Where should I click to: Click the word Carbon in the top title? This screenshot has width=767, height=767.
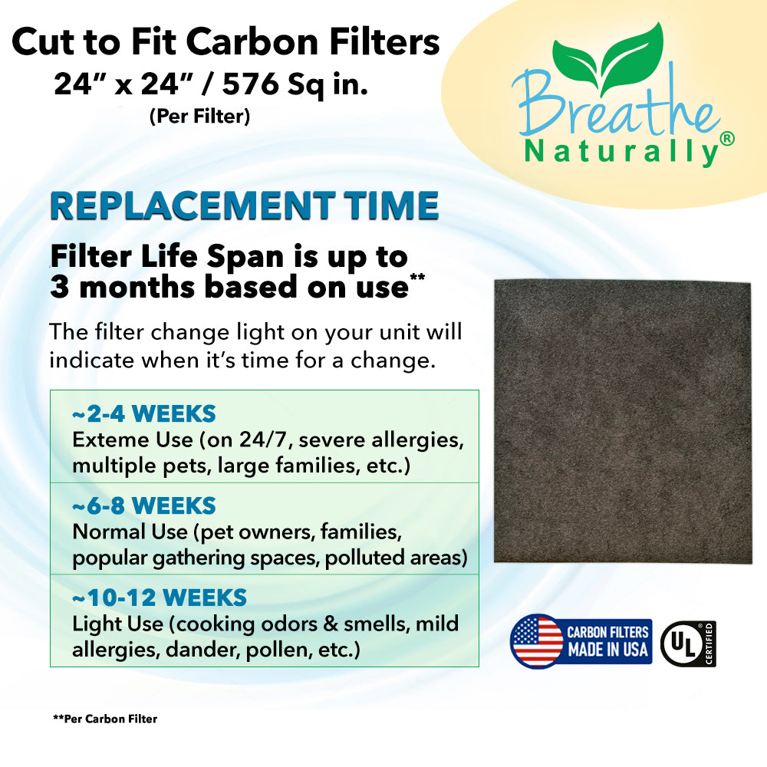coord(252,41)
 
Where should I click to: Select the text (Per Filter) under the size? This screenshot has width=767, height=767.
coord(199,117)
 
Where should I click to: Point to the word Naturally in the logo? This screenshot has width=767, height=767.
coord(621,152)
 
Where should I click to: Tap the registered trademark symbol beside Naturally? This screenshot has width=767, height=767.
coord(727,139)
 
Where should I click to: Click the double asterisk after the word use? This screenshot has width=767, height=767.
coord(417,278)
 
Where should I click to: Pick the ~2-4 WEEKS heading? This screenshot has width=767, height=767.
coord(144,414)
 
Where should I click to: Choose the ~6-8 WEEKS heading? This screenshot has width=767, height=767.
coord(144,505)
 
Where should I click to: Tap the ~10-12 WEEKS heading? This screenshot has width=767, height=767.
coord(160,597)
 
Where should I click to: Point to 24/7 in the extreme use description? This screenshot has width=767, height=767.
coord(264,439)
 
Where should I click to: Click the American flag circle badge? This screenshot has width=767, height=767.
coord(537,641)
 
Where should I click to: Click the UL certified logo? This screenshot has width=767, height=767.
coord(688,644)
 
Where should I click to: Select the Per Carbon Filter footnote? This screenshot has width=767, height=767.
coord(105,719)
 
